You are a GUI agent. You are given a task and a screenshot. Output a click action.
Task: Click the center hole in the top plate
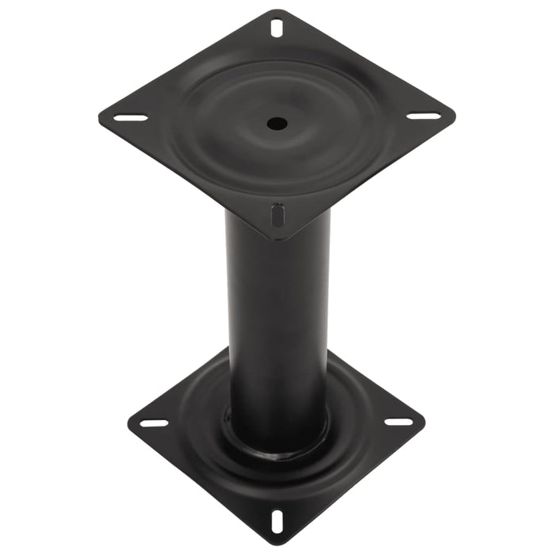[277, 123]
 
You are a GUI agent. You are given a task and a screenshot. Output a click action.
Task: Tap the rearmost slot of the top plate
[276, 28]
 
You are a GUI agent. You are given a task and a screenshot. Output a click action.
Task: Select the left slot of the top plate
[131, 118]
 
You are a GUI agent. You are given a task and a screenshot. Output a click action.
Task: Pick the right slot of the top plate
[424, 116]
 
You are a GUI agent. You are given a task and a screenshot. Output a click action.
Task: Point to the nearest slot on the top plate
[277, 215]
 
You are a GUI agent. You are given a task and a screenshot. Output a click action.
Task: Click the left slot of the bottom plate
[154, 423]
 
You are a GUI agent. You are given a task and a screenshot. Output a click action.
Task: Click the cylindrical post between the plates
[277, 317]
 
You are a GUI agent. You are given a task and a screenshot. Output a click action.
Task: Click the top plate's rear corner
[277, 10]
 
